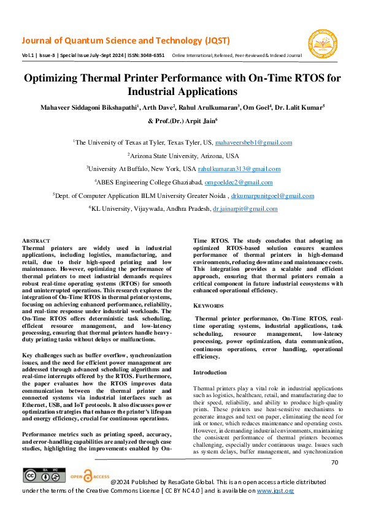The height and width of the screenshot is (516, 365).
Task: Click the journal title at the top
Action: click(x=126, y=41)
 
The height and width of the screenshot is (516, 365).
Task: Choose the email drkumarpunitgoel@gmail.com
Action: click(x=274, y=195)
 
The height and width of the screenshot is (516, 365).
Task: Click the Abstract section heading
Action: click(x=36, y=241)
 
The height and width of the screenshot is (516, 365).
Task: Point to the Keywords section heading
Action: click(x=209, y=305)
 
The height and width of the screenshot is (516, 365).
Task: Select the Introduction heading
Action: click(x=210, y=372)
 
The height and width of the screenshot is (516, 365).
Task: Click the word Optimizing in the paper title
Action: click(x=58, y=78)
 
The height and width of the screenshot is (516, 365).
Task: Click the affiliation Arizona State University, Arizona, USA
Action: click(x=183, y=156)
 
